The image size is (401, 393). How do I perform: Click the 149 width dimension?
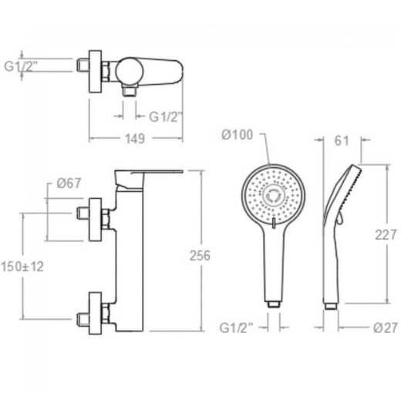coord(135,139)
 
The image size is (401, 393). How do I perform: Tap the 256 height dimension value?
coord(200,255)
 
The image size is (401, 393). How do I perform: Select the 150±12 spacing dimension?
coord(22,267)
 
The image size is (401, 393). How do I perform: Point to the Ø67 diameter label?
coord(69,183)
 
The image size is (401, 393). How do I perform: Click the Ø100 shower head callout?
coord(237,135)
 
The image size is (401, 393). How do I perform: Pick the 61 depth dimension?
coord(342,141)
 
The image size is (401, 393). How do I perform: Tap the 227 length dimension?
coord(386,235)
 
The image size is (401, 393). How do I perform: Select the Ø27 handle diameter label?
coord(386,327)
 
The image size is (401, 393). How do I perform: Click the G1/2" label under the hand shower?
coord(236,328)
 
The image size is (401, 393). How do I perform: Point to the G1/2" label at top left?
coord(21,66)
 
